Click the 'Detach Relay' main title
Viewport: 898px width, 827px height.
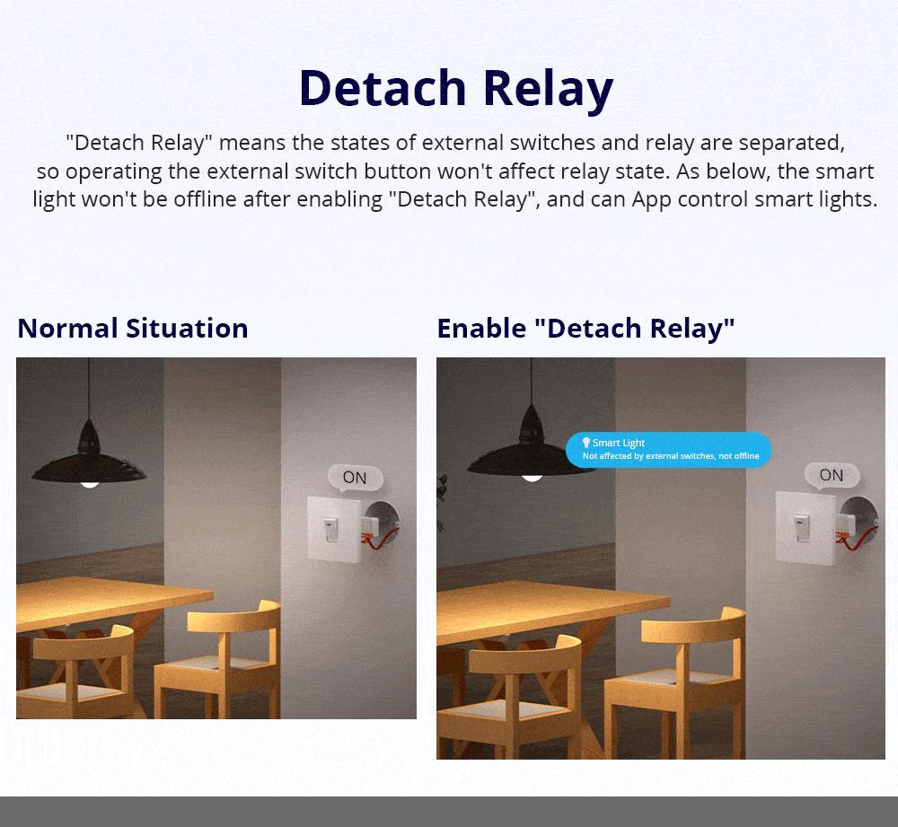click(x=456, y=88)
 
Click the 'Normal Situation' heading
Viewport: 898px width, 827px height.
click(x=133, y=328)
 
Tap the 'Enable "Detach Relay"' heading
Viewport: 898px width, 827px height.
click(x=585, y=329)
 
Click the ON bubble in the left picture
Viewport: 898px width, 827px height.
click(x=355, y=477)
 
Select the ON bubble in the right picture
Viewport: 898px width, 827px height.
click(x=832, y=475)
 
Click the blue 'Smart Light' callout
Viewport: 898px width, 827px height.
click(x=668, y=450)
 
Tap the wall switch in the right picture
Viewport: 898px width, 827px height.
click(x=806, y=527)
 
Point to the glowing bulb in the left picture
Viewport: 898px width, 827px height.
click(x=89, y=485)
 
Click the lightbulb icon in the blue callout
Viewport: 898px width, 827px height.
click(x=585, y=442)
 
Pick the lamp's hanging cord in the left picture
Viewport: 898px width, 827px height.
click(x=89, y=389)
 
